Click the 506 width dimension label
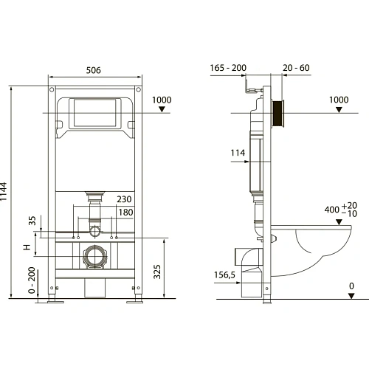tap(94, 70)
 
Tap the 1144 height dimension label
tap(4, 192)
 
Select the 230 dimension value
tap(124, 199)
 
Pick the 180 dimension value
tap(125, 213)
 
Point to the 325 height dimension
tap(157, 272)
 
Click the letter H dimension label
tap(27, 247)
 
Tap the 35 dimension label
tap(32, 221)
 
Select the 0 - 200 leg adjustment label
tap(32, 280)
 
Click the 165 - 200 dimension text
tap(228, 68)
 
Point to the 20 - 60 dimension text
tap(296, 68)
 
